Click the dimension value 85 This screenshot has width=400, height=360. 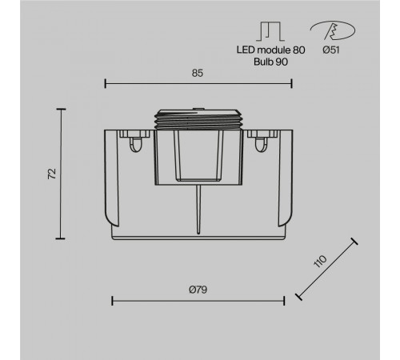198,73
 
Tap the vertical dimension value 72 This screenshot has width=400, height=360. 52,174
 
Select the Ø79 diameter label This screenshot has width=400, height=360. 198,290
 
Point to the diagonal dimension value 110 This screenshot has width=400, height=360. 320,261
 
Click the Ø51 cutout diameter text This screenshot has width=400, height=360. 331,50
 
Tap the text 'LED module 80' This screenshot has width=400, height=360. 270,50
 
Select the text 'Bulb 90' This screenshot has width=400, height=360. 270,62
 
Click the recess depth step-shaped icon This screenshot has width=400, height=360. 270,31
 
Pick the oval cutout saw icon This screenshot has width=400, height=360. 333,30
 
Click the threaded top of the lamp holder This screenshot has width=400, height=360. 198,119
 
